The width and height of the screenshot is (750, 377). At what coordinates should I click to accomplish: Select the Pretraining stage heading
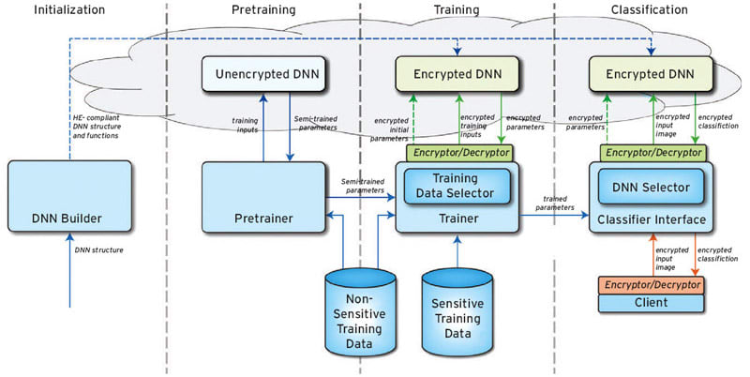point(263,9)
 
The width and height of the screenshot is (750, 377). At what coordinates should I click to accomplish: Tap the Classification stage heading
point(647,9)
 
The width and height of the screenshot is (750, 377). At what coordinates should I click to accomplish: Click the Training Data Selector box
point(457,187)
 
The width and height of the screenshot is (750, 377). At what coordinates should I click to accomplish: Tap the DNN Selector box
point(651,188)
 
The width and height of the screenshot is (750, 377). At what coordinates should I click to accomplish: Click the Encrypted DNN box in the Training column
point(457,72)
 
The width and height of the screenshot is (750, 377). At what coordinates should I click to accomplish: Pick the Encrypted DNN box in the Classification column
point(650,72)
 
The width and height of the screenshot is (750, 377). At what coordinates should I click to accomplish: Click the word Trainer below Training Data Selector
point(457,219)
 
